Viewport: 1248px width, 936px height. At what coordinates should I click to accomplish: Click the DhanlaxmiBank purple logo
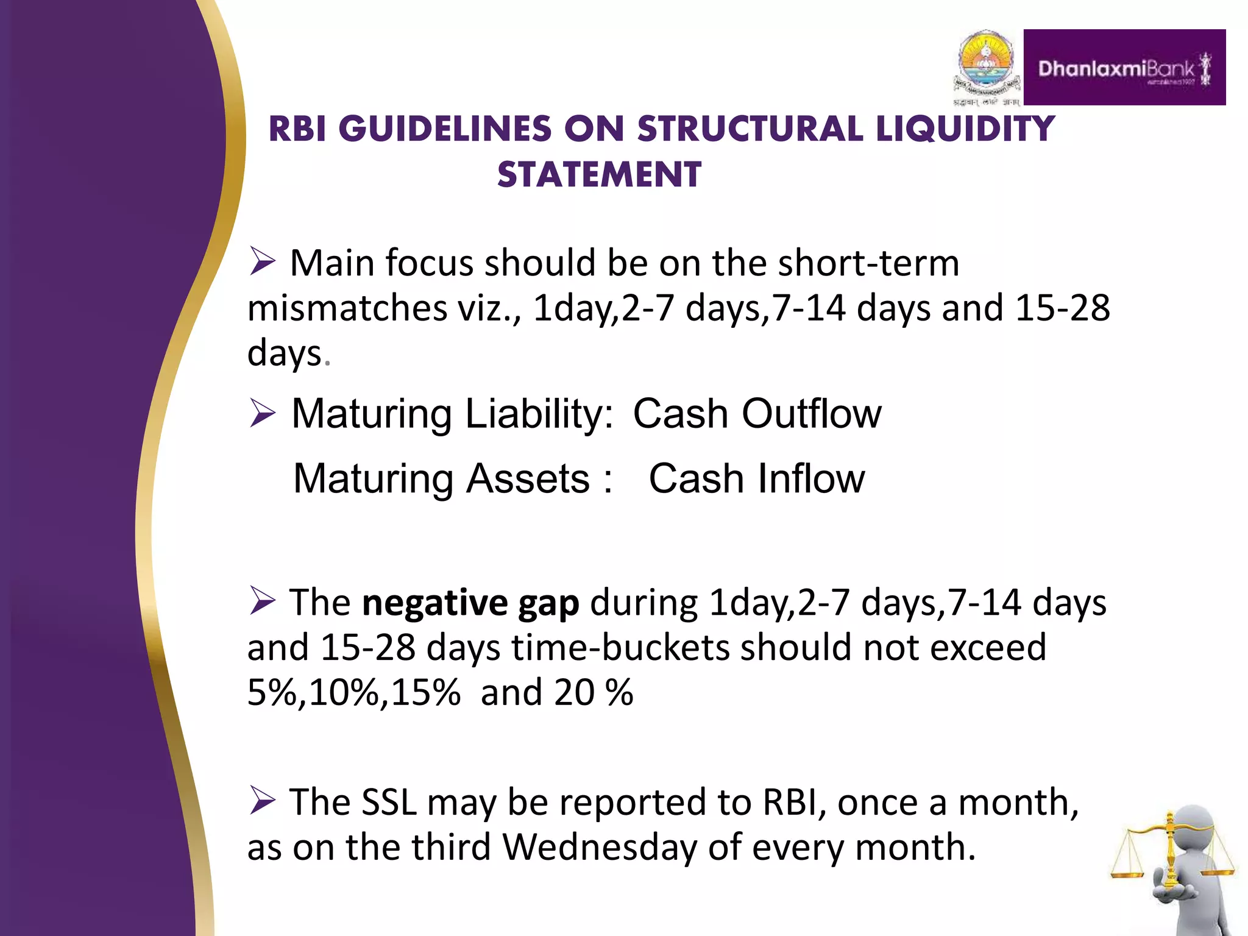pyautogui.click(x=1124, y=68)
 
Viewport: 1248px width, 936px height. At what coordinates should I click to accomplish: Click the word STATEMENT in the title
pyautogui.click(x=599, y=175)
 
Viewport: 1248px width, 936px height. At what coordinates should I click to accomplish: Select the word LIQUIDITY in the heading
pyautogui.click(x=965, y=129)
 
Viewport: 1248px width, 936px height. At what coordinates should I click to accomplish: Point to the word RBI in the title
pyautogui.click(x=298, y=129)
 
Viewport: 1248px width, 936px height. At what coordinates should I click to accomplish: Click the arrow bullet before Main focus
pyautogui.click(x=263, y=263)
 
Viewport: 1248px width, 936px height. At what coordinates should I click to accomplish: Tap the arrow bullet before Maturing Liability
pyautogui.click(x=263, y=414)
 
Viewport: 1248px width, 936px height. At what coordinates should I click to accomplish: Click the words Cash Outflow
pyautogui.click(x=756, y=414)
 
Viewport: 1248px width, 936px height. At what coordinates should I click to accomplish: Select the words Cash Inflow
pyautogui.click(x=756, y=478)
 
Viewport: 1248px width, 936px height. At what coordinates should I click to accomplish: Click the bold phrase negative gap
pyautogui.click(x=470, y=603)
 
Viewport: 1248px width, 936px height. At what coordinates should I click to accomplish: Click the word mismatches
pyautogui.click(x=347, y=308)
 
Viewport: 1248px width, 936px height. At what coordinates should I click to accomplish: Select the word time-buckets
pyautogui.click(x=620, y=648)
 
